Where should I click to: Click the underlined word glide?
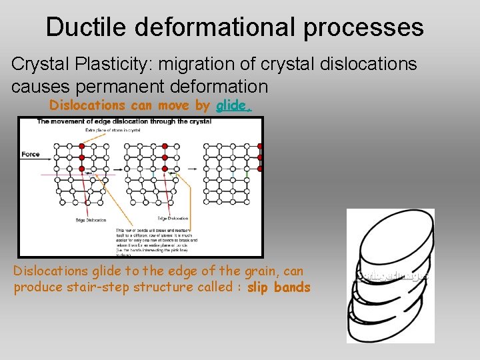coord(233,105)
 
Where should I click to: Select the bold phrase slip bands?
coord(279,287)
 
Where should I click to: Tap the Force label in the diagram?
coord(31,154)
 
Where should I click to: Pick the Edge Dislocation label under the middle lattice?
coord(173,218)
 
